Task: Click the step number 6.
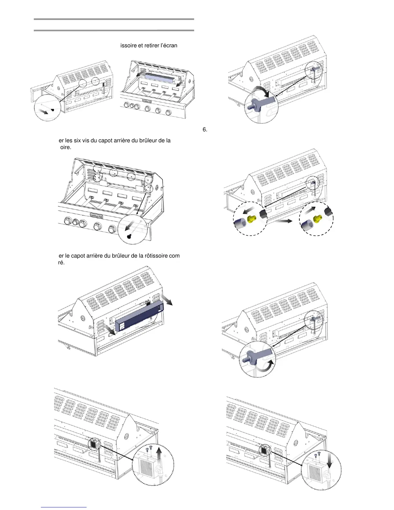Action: [205, 129]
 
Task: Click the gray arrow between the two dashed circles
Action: [283, 221]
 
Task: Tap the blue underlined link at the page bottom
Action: [64, 507]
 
